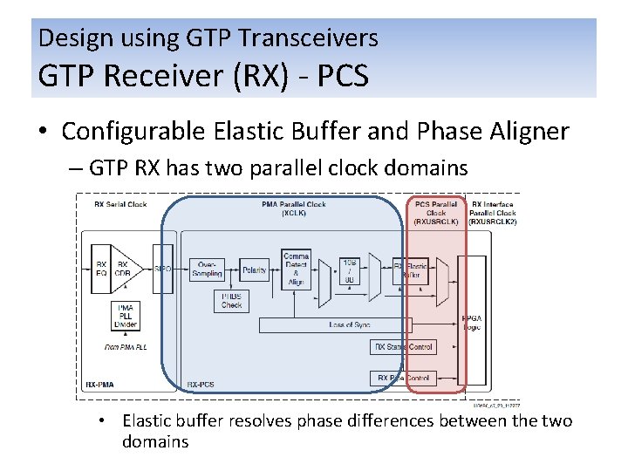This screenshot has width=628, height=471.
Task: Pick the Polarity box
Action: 255,271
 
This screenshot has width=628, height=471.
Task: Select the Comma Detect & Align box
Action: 296,269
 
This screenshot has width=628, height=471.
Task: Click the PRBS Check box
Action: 231,300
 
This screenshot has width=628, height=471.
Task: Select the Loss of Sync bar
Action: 349,324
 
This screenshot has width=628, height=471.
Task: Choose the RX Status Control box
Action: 402,346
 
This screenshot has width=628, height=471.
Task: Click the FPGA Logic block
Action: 472,322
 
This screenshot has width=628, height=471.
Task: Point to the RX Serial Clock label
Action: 120,205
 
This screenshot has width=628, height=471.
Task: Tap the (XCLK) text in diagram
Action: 294,212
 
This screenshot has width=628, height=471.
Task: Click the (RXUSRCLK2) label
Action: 493,222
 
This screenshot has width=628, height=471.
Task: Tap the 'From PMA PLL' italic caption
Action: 125,347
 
